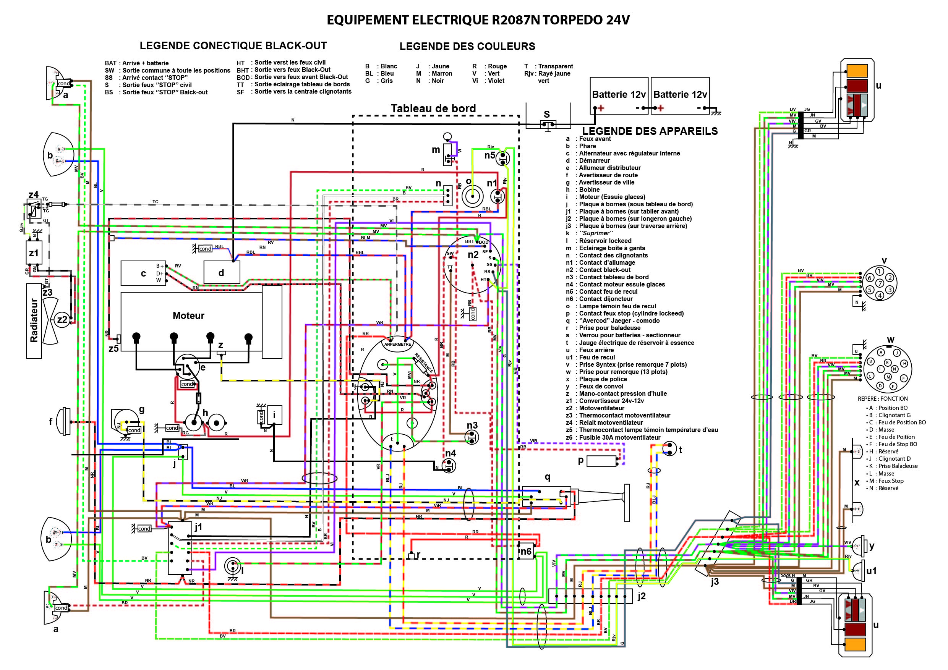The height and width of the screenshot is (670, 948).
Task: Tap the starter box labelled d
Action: [x=222, y=272]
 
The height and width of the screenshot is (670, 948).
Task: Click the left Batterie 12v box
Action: [x=619, y=95]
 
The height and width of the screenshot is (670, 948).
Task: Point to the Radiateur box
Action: [x=34, y=320]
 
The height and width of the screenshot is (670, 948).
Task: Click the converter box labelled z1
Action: [x=34, y=252]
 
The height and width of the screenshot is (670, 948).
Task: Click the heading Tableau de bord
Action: [x=433, y=108]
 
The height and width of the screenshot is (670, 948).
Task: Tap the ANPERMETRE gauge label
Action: [x=398, y=344]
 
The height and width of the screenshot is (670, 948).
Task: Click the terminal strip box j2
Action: [x=590, y=597]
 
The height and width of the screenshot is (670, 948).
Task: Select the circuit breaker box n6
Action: [x=526, y=552]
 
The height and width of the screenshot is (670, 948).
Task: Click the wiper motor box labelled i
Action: [x=275, y=415]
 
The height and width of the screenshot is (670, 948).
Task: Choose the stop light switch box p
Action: [x=601, y=461]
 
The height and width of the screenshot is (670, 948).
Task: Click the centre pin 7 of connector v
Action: [x=880, y=283]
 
